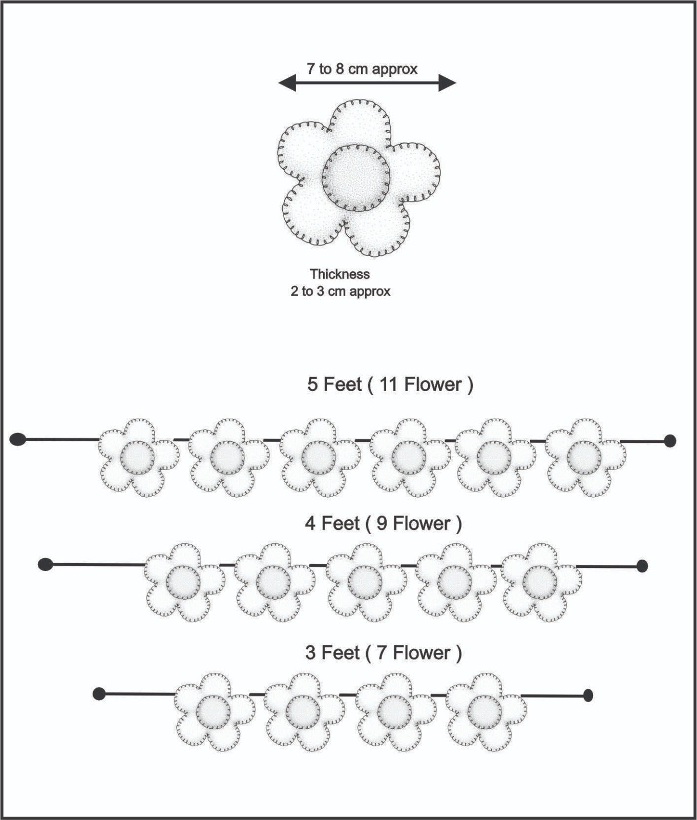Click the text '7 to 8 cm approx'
pos(362,69)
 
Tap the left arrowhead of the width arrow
pos(287,83)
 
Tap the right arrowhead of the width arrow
pos(447,83)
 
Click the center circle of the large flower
pos(356,178)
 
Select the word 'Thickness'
pos(340,274)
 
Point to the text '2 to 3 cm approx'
pos(341,292)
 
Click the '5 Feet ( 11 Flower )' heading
pos(390,384)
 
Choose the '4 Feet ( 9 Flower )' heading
pos(384,524)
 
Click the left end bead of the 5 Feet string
pos(17,439)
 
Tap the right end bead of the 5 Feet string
pos(670,441)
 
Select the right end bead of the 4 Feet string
pos(642,566)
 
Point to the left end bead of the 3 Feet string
pos(99,694)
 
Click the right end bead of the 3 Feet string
pos(588,695)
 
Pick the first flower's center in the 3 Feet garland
pos(213,712)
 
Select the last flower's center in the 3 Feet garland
pos(484,712)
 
